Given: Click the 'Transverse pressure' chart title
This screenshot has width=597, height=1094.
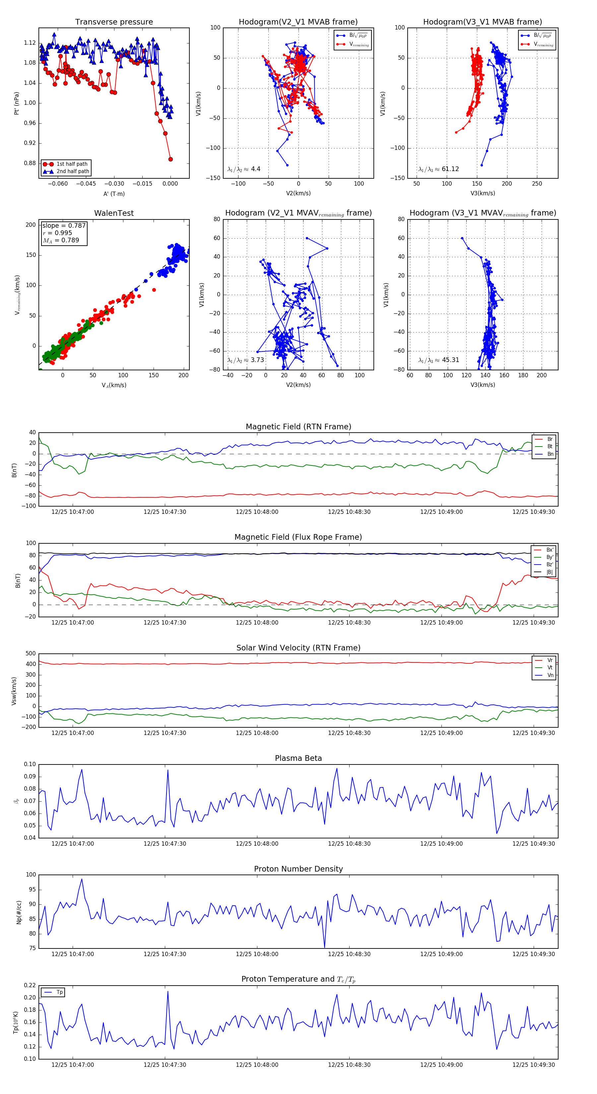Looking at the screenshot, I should click(114, 22).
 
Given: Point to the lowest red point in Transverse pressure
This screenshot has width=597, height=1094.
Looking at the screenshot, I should click(170, 159).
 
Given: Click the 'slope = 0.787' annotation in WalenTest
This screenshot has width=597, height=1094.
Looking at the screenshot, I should click(64, 225).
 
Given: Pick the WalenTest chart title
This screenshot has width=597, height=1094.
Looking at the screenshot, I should click(114, 213).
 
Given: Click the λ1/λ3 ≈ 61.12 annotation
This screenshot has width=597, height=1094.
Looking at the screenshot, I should click(438, 169).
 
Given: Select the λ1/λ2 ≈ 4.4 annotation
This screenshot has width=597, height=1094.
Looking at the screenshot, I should click(244, 169).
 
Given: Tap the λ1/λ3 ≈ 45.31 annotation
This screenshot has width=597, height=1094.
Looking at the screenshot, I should click(438, 360).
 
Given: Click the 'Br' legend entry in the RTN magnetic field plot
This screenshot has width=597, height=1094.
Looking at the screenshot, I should click(550, 439).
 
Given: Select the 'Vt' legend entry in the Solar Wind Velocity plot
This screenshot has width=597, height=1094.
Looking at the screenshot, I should click(550, 668).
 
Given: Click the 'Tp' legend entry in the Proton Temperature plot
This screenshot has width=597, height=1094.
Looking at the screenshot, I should click(59, 992).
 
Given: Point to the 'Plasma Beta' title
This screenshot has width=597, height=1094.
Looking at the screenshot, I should click(298, 759).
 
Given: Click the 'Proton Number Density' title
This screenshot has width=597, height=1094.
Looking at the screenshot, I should click(298, 869).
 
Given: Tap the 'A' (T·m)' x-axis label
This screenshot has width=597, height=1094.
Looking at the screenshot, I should click(114, 194).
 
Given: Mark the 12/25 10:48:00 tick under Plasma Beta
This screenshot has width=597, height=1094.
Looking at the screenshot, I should click(257, 844).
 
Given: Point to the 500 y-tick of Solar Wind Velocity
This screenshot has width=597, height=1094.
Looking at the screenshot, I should click(31, 654).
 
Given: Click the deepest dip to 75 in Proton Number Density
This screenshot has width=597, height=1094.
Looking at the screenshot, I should click(325, 947).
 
